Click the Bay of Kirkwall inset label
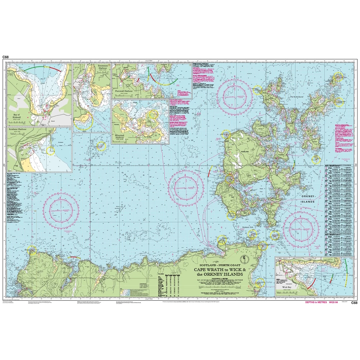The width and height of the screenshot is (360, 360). [x=18, y=116]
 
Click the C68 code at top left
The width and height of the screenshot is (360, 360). [x=5, y=57]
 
